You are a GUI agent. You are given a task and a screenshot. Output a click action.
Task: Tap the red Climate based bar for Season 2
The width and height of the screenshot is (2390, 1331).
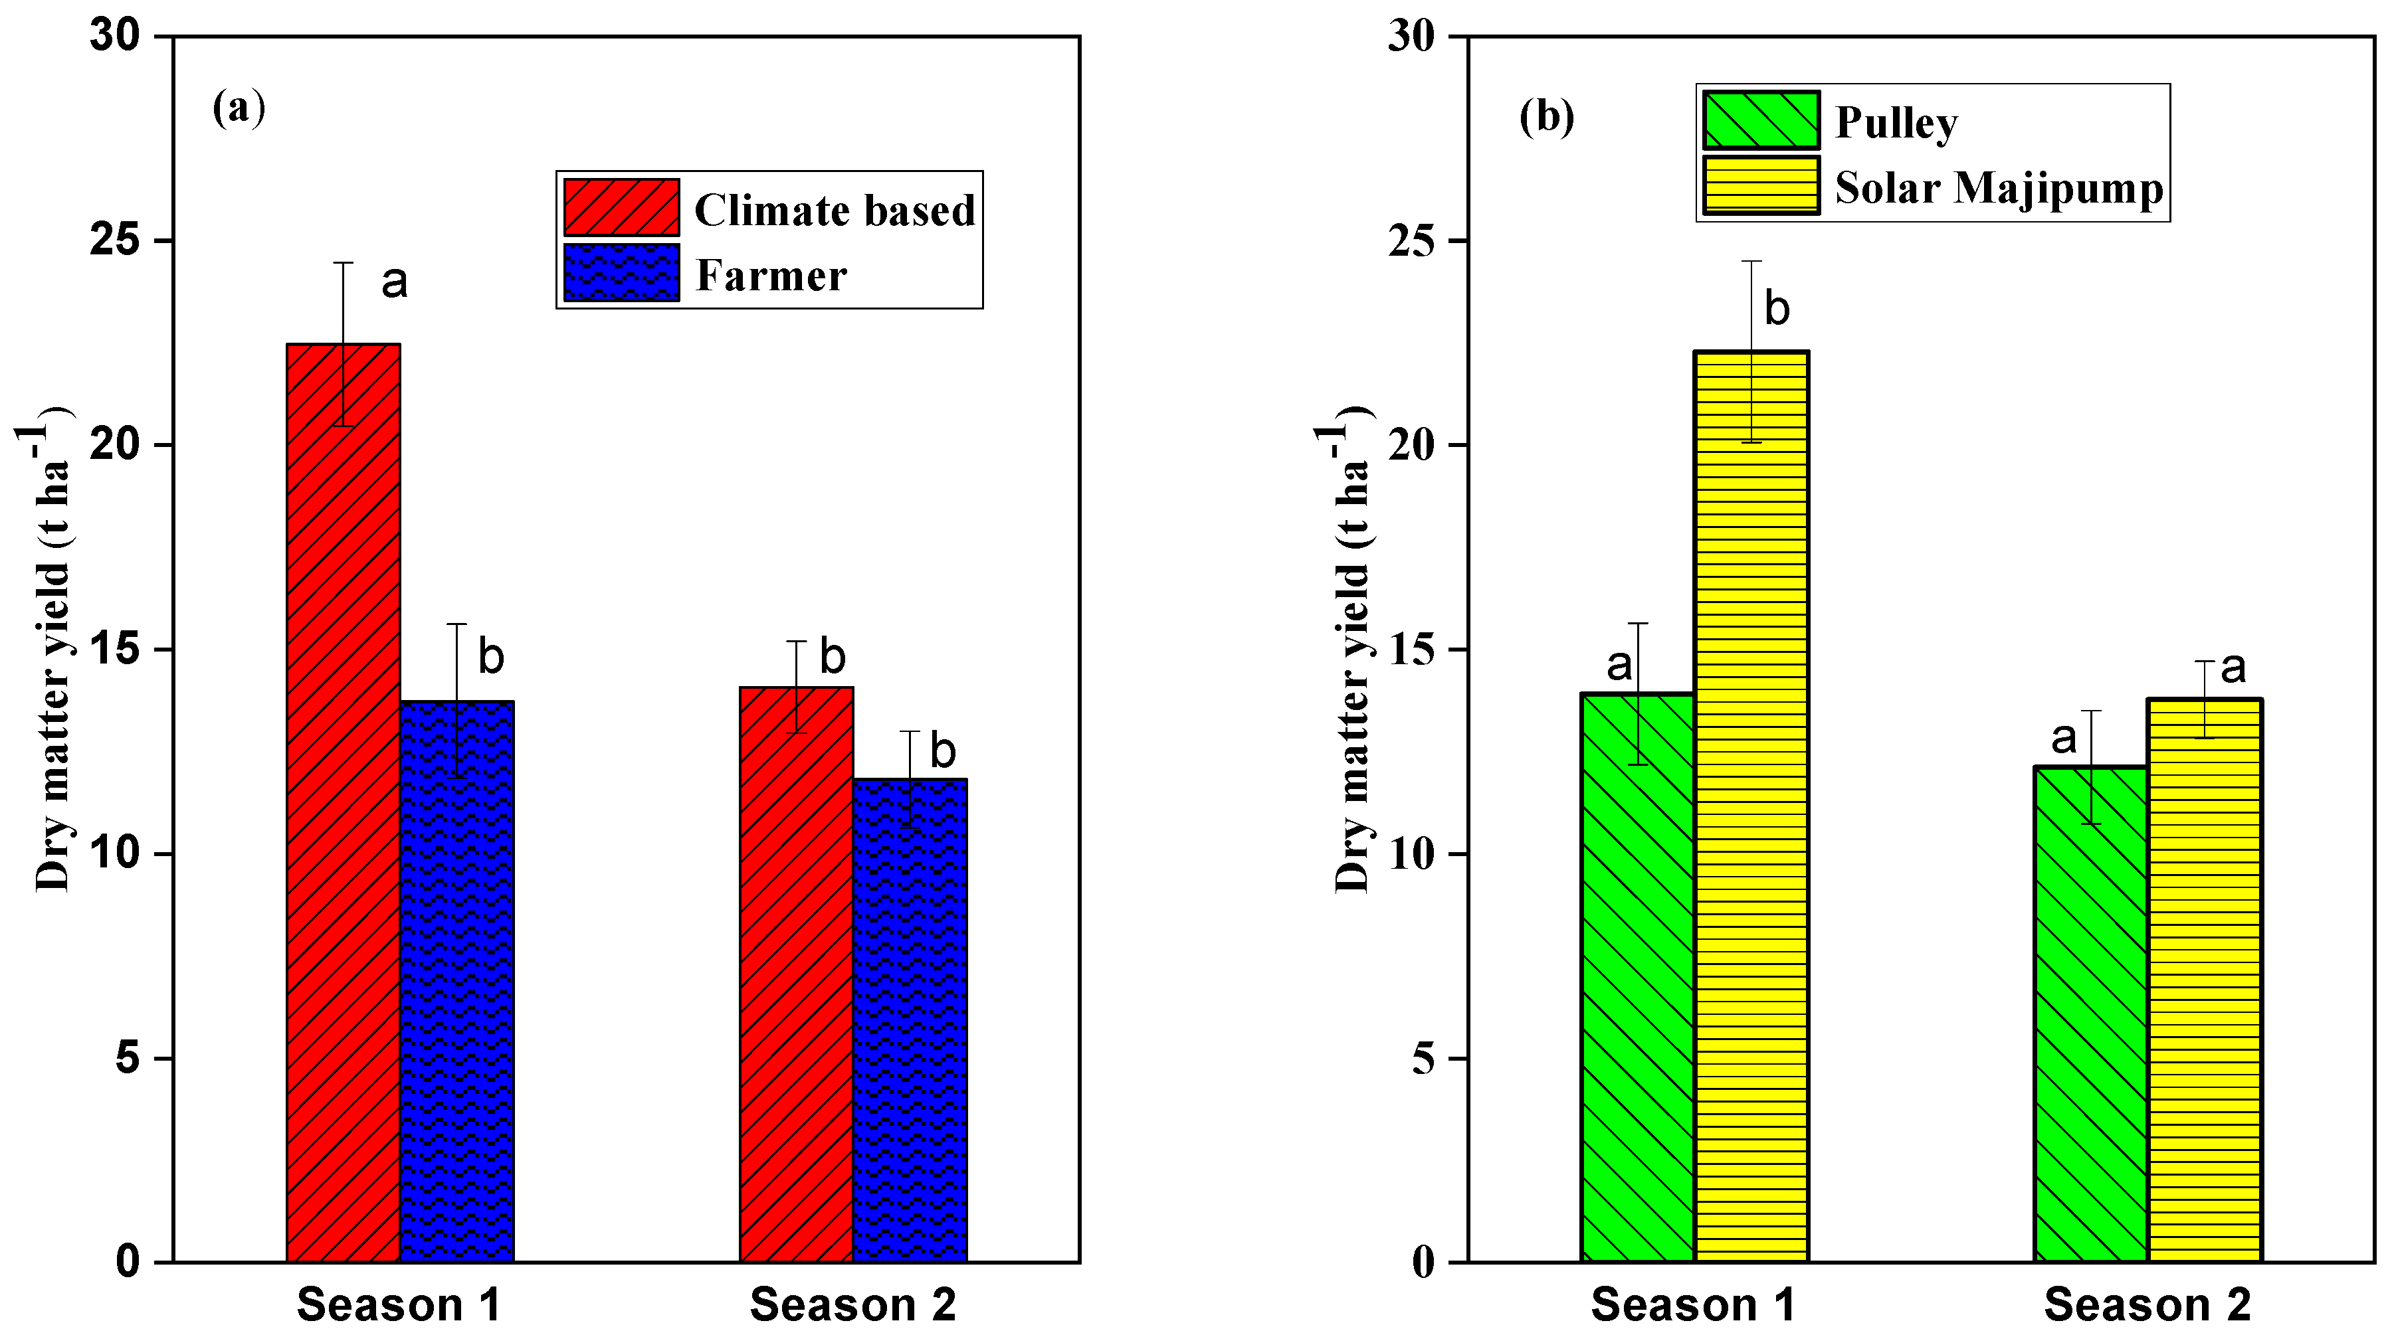tap(796, 974)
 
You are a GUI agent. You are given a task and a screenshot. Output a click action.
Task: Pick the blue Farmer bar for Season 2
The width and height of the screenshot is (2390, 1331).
tap(909, 1020)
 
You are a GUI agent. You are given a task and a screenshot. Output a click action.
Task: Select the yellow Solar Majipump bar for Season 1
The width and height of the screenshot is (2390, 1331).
tap(1751, 807)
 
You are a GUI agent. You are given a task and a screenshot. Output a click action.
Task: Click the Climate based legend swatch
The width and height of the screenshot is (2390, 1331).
tap(621, 207)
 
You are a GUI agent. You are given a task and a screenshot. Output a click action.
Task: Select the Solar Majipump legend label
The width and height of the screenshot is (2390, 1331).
tap(1999, 187)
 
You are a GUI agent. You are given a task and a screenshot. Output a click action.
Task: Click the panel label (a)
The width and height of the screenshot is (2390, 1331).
tap(239, 108)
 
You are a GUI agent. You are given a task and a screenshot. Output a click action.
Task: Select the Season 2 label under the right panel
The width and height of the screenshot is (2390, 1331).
tap(2147, 1305)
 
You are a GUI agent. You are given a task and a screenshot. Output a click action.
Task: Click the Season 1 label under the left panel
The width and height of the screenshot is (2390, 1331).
tap(399, 1305)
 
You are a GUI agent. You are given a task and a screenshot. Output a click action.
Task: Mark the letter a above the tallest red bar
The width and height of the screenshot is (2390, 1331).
tap(394, 281)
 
